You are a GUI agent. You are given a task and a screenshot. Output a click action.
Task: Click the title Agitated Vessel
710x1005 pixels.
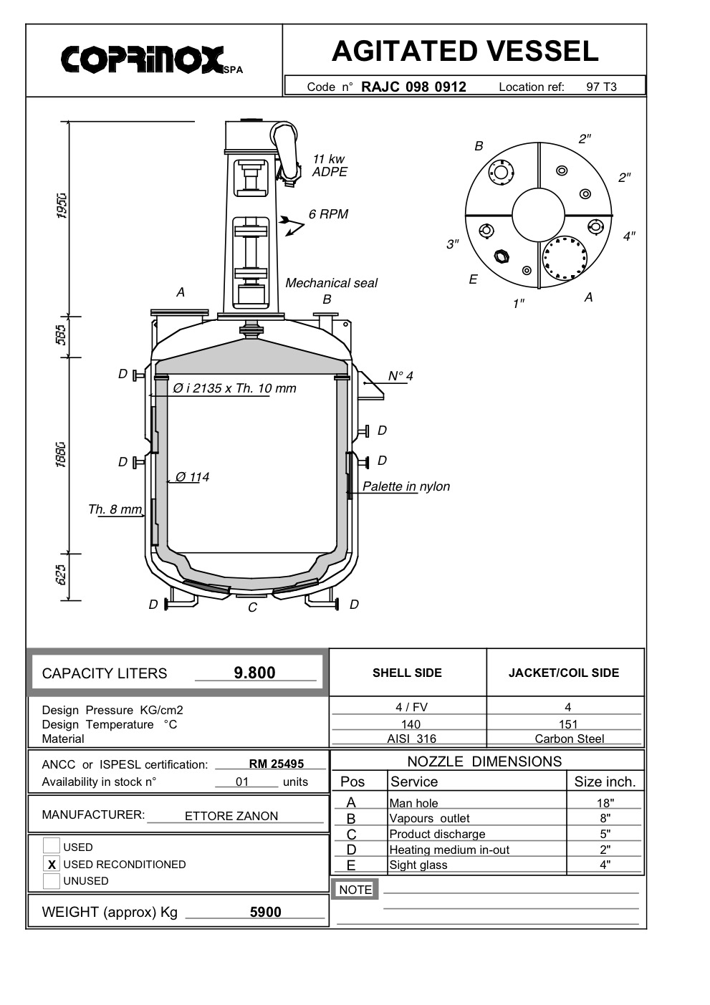pyautogui.click(x=465, y=51)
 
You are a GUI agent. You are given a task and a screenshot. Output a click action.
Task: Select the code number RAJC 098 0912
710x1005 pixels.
pyautogui.click(x=413, y=87)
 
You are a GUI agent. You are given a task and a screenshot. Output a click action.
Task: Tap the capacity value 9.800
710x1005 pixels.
pyautogui.click(x=254, y=673)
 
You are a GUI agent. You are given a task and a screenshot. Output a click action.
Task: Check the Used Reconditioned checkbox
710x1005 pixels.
pyautogui.click(x=51, y=864)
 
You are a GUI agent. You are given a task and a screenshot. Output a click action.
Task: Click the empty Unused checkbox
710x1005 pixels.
pyautogui.click(x=51, y=880)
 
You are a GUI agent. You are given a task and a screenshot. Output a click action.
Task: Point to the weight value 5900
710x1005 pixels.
pyautogui.click(x=265, y=912)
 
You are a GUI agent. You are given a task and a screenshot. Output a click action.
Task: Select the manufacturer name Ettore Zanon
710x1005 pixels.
pyautogui.click(x=231, y=816)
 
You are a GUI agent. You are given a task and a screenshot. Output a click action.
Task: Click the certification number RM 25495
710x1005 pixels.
pyautogui.click(x=277, y=764)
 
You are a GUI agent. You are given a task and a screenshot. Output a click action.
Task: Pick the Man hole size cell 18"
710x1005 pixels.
pyautogui.click(x=605, y=803)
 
